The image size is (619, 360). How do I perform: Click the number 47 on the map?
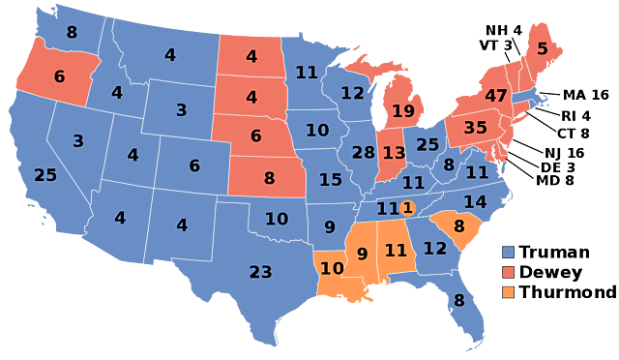pyautogui.click(x=496, y=96)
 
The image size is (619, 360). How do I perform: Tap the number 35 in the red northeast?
pyautogui.click(x=476, y=128)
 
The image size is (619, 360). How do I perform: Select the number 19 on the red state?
pyautogui.click(x=403, y=111)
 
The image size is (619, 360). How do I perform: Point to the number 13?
pyautogui.click(x=394, y=153)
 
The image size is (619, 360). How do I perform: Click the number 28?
pyautogui.click(x=364, y=153)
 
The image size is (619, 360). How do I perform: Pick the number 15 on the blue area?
pyautogui.click(x=331, y=180)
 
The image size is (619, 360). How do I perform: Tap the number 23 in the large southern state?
pyautogui.click(x=261, y=272)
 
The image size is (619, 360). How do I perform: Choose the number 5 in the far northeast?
pyautogui.click(x=543, y=48)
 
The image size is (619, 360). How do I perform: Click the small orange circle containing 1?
pyautogui.click(x=407, y=207)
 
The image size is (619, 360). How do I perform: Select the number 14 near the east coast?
pyautogui.click(x=475, y=202)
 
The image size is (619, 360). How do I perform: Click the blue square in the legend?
pyautogui.click(x=508, y=252)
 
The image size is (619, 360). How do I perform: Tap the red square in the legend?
pyautogui.click(x=508, y=272)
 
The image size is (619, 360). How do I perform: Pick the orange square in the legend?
pyautogui.click(x=508, y=292)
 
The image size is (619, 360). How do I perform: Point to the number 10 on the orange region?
pyautogui.click(x=332, y=268)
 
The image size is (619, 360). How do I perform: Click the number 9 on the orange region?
pyautogui.click(x=363, y=255)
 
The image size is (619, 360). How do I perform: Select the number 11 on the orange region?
pyautogui.click(x=396, y=250)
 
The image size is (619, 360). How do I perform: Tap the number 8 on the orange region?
pyautogui.click(x=459, y=226)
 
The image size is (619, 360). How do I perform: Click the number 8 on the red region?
pyautogui.click(x=269, y=178)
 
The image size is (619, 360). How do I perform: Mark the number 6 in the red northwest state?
pyautogui.click(x=59, y=76)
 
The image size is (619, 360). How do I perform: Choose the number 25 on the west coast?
pyautogui.click(x=45, y=175)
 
